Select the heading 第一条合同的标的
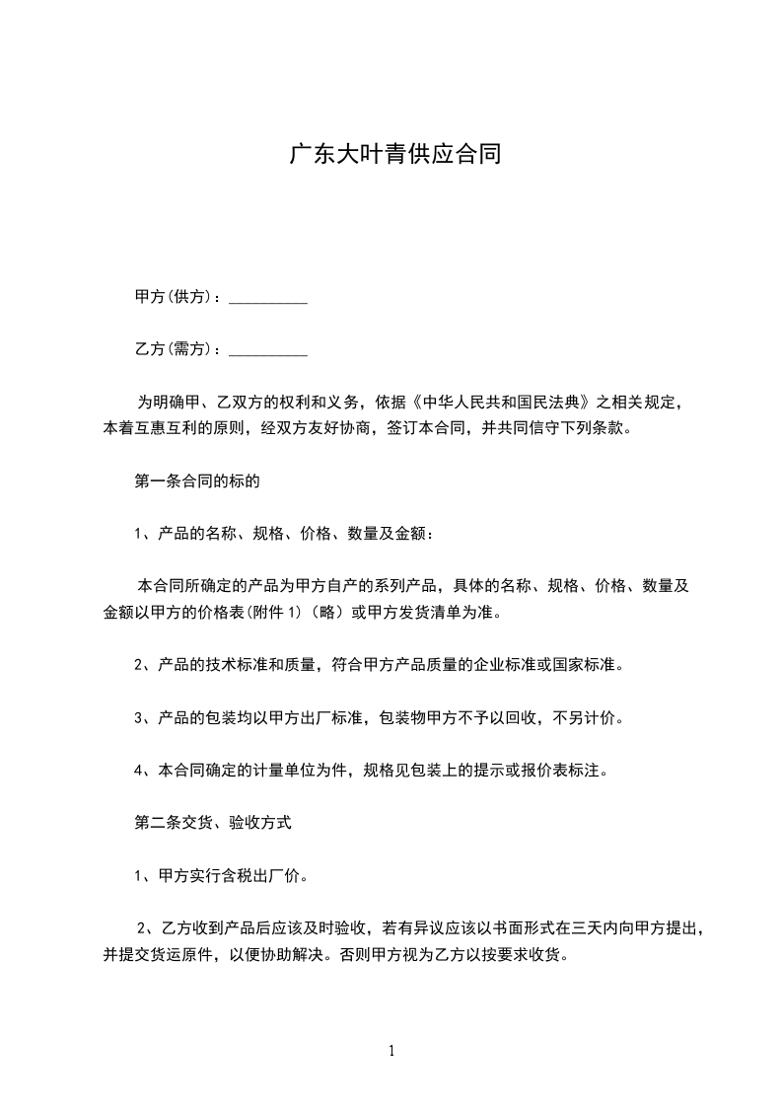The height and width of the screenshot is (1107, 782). pyautogui.click(x=196, y=482)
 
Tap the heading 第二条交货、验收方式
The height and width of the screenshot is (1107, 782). pyautogui.click(x=212, y=820)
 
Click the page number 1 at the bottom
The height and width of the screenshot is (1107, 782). pyautogui.click(x=391, y=1051)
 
